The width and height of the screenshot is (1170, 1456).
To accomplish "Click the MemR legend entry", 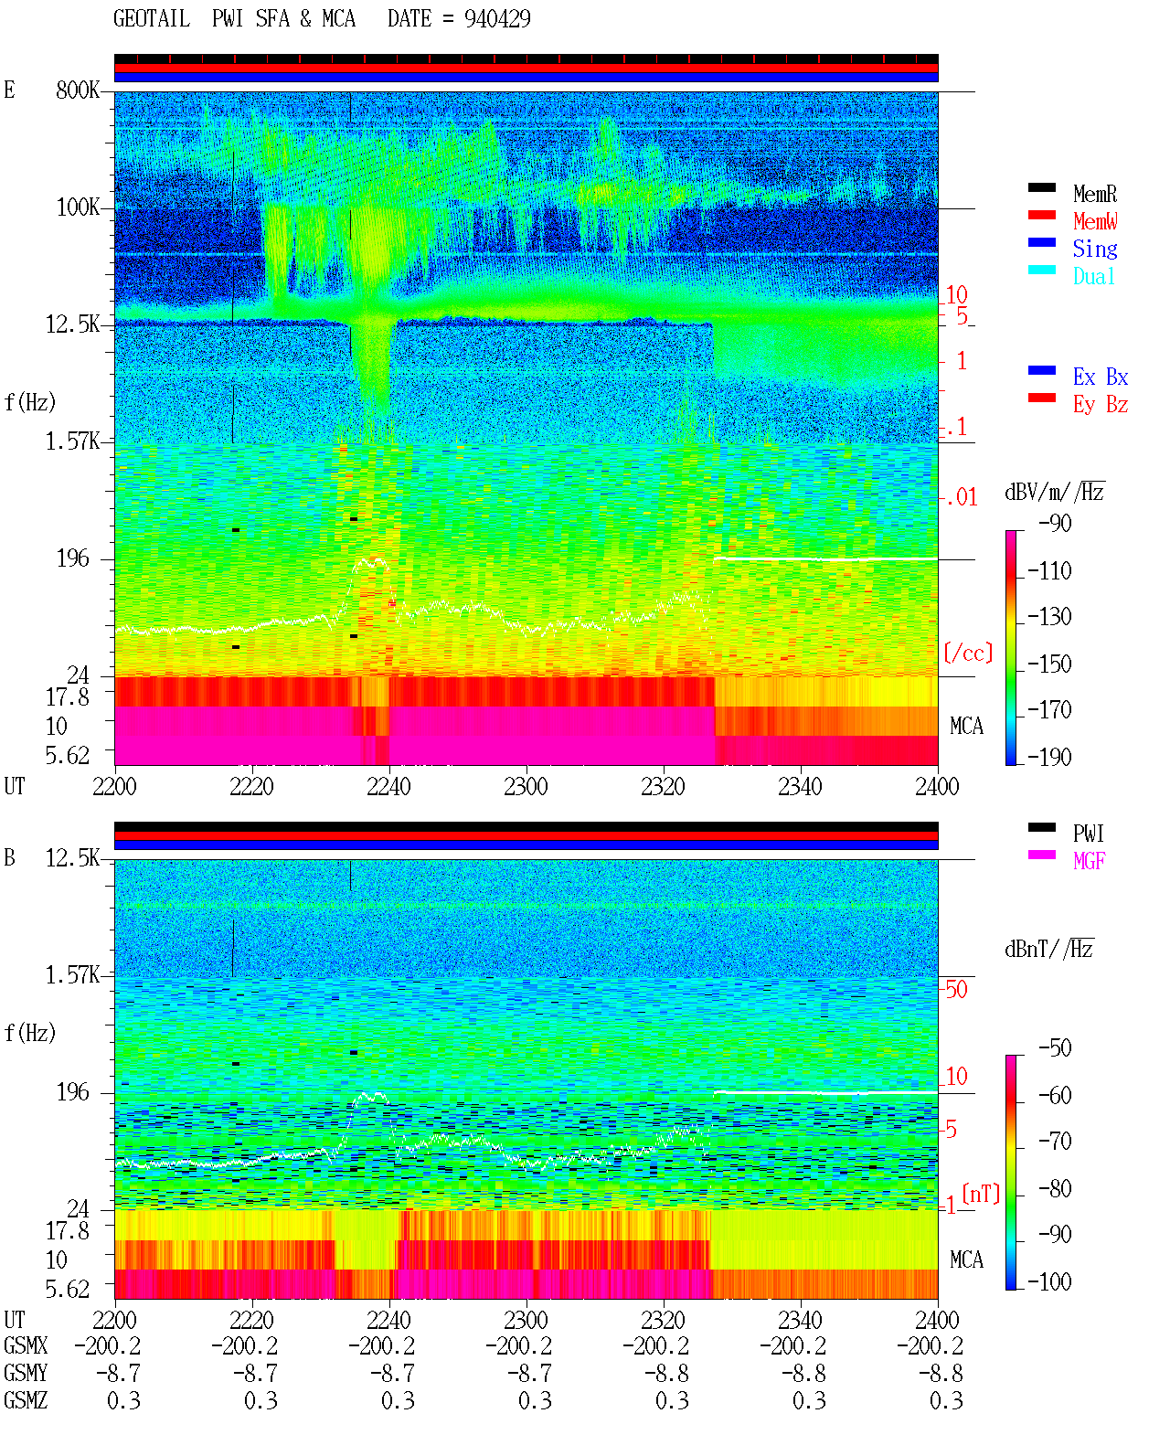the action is tap(1093, 194).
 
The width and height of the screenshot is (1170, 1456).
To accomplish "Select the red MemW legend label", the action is tap(1094, 221).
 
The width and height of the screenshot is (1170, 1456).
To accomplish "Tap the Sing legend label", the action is tap(1094, 249).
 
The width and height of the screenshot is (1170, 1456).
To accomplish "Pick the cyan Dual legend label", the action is tap(1093, 276).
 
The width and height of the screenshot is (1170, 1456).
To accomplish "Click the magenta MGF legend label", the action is tap(1089, 861).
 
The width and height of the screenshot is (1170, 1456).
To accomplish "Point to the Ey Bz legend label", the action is tap(1100, 405).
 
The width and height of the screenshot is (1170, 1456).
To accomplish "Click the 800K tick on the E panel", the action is tap(77, 90).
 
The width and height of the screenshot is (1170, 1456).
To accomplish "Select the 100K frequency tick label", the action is tap(78, 207).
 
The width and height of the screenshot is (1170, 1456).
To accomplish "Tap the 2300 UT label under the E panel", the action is tap(526, 786).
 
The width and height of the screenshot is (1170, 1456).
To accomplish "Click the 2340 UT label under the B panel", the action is tap(800, 1320).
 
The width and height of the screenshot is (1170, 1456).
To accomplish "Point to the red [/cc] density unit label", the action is tap(968, 653).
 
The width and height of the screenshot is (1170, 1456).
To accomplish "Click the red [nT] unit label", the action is tap(981, 1194).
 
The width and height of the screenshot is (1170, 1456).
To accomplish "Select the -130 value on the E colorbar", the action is tap(1049, 617).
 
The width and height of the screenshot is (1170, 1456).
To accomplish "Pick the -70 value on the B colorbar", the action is tap(1055, 1142).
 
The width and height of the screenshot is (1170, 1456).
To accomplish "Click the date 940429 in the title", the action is tap(497, 19).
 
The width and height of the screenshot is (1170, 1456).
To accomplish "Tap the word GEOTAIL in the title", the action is tap(152, 19).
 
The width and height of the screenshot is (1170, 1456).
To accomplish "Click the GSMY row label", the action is tap(26, 1373).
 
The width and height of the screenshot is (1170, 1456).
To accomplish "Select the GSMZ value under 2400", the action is tap(946, 1400).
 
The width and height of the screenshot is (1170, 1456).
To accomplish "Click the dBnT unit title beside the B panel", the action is tap(1049, 949).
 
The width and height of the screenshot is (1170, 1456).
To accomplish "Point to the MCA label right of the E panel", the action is tap(966, 726).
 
